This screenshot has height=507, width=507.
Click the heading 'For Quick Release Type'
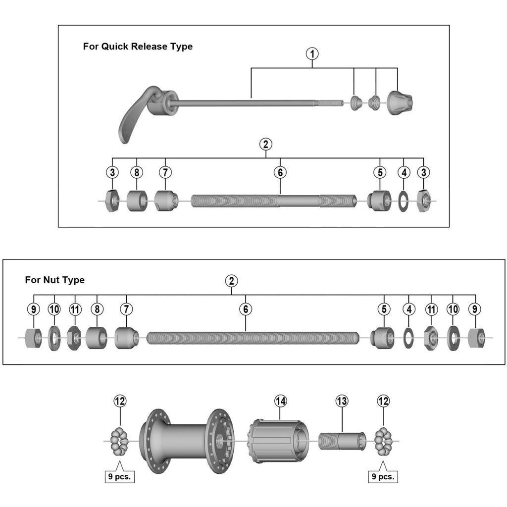pyautogui.click(x=138, y=47)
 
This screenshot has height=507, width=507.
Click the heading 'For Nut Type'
pyautogui.click(x=54, y=280)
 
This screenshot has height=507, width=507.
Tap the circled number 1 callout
pyautogui.click(x=312, y=53)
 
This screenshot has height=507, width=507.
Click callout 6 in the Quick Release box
pyautogui.click(x=280, y=172)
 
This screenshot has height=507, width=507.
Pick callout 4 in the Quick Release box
pyautogui.click(x=404, y=172)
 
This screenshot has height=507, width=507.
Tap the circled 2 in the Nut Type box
pyautogui.click(x=231, y=281)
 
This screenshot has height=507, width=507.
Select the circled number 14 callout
pyautogui.click(x=281, y=402)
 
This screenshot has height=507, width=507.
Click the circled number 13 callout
pyautogui.click(x=342, y=402)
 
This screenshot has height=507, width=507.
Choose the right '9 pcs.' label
pyautogui.click(x=383, y=477)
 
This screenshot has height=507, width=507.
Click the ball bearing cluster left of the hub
pyautogui.click(x=119, y=441)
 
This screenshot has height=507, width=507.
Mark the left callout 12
pyautogui.click(x=120, y=402)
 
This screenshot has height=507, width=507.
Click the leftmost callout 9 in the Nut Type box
pyautogui.click(x=34, y=309)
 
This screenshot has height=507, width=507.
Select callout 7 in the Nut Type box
pyautogui.click(x=126, y=309)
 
